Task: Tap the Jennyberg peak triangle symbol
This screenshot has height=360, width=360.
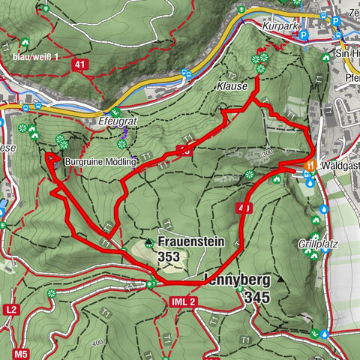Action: tap(281, 279)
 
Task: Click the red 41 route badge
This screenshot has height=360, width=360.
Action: tap(80, 65)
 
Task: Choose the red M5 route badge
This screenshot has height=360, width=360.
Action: tap(20, 352)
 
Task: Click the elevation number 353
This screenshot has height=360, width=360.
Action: tap(170, 256)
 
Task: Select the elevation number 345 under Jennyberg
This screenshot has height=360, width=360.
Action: tap(256, 298)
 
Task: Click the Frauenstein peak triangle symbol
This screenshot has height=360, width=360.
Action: tap(149, 242)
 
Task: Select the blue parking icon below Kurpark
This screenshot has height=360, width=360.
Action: tap(302, 34)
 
